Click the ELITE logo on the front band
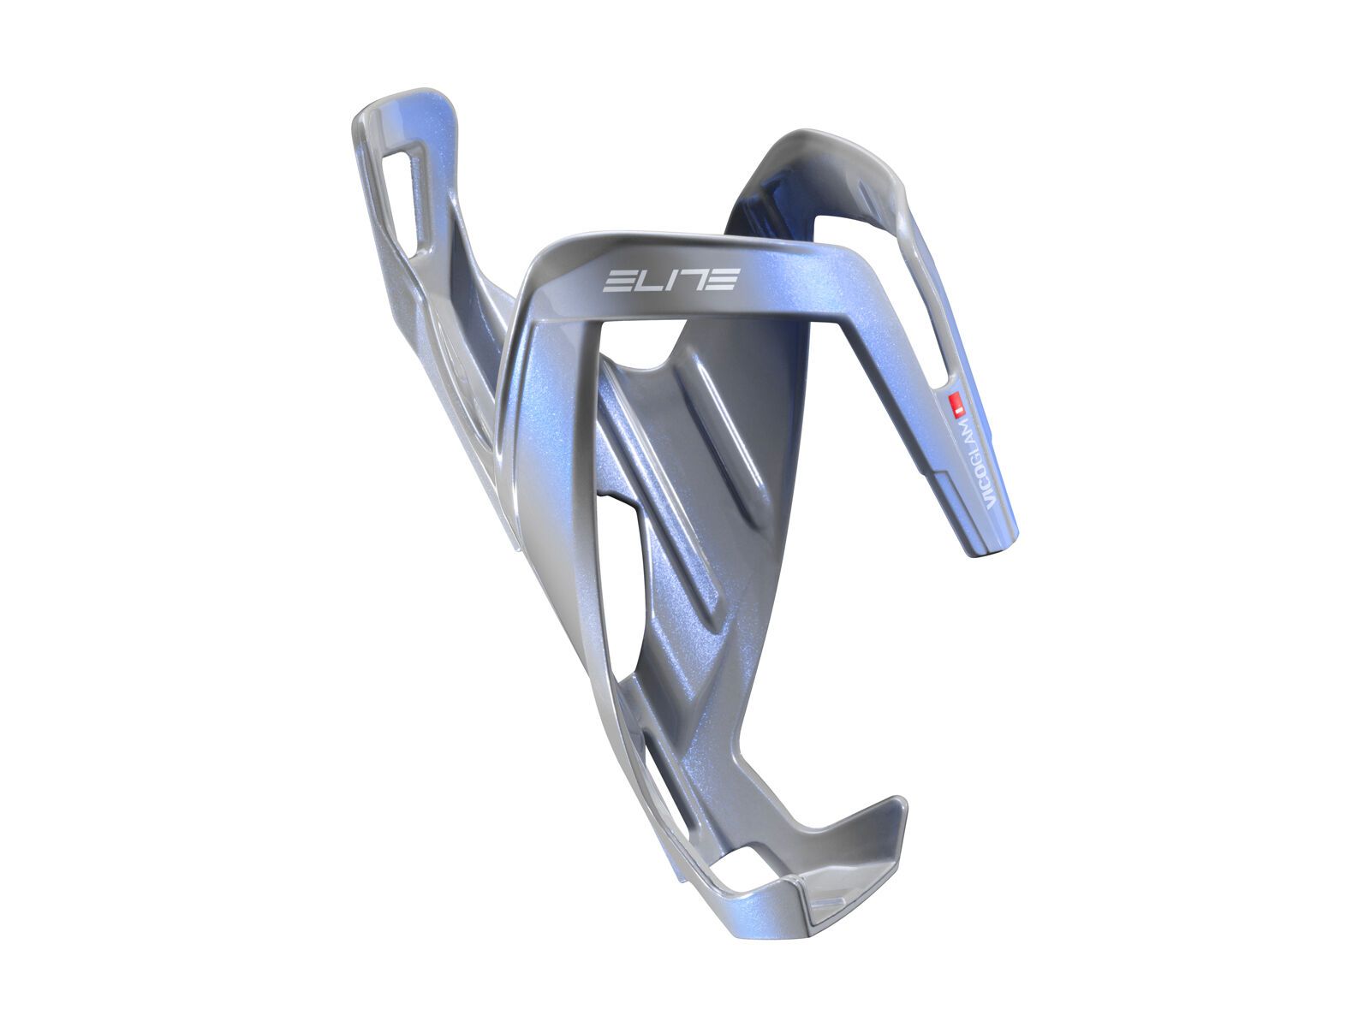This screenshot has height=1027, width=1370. [672, 280]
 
